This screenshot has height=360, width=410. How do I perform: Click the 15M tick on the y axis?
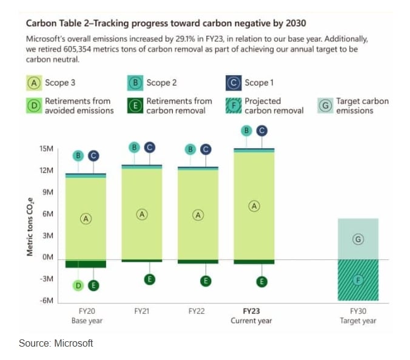point(47,149)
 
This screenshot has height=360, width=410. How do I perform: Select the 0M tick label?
point(48,258)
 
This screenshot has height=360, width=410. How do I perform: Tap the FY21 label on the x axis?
point(142,311)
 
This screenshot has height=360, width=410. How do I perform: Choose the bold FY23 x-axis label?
point(251,311)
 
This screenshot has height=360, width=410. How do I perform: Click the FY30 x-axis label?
point(358,311)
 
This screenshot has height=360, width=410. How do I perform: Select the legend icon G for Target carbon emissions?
point(326,106)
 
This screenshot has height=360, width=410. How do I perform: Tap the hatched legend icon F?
point(234,106)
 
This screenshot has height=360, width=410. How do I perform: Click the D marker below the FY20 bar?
point(79,285)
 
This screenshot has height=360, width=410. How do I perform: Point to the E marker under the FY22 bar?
point(206,280)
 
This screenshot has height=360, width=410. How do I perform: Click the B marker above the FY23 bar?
point(246,130)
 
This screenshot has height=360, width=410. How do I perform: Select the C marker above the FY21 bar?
point(149,147)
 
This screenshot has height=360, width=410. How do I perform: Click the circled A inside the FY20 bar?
point(86,219)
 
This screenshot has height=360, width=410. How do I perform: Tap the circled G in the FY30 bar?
point(358,239)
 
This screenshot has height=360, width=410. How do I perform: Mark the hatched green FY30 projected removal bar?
point(358,288)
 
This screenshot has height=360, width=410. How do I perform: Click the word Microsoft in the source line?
point(73,343)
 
